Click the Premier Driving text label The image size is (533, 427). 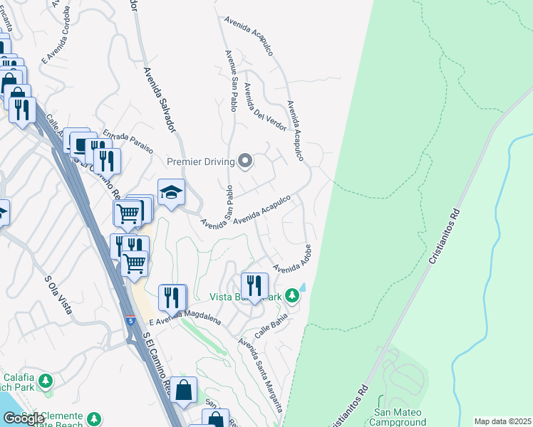click(200, 162)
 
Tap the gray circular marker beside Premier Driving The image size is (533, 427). click(246, 161)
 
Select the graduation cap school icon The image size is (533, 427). click(171, 191)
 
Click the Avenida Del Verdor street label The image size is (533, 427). click(264, 107)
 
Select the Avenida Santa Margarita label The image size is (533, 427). click(262, 374)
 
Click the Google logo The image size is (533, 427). click(23, 418)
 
